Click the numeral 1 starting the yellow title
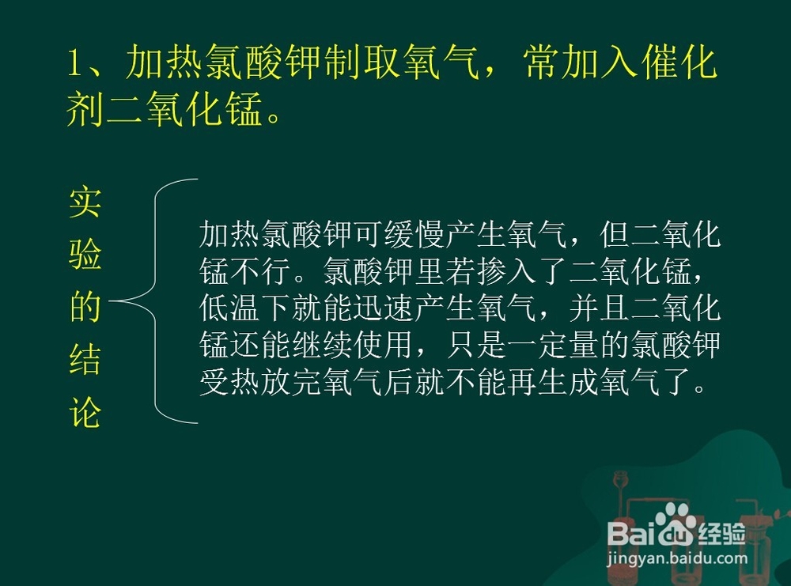74,64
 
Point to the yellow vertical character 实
85,202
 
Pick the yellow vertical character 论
85,412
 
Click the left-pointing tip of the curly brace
110,301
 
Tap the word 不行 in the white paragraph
260,270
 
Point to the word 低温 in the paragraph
229,308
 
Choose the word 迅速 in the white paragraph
384,308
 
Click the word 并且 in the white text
600,308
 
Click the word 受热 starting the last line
229,381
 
